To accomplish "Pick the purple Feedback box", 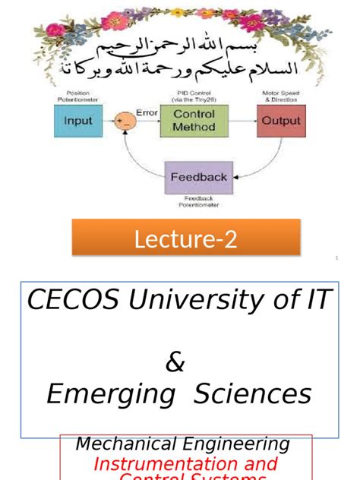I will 198,177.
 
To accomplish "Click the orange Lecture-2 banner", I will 186,240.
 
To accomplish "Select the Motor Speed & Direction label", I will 278,95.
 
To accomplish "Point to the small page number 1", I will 336,259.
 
